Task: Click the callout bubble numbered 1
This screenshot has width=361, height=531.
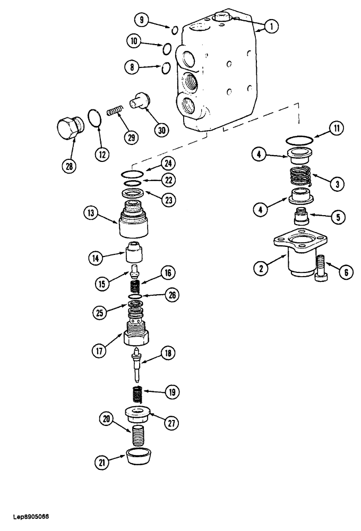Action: pyautogui.click(x=271, y=26)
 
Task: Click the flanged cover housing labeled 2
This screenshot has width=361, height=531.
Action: pyautogui.click(x=300, y=254)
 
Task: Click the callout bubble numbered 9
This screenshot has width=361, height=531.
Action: pyautogui.click(x=141, y=21)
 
